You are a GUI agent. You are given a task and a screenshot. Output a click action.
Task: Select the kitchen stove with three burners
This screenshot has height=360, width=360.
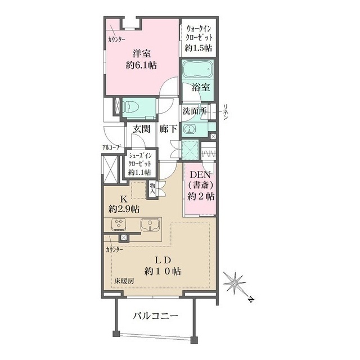(x=119, y=224)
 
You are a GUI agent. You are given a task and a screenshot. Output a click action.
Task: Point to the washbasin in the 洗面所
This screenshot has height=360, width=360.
(x=190, y=128)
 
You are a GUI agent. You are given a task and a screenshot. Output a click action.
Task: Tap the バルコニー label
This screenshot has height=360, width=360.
(x=155, y=316)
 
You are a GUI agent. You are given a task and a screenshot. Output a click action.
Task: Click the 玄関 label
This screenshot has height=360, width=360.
(x=142, y=129)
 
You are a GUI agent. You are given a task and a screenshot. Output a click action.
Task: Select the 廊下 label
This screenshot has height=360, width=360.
(x=168, y=129)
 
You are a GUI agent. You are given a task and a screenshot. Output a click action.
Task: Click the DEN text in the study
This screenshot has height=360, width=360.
(x=200, y=175)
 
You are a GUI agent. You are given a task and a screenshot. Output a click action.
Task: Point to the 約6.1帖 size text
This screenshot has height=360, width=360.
(x=141, y=65)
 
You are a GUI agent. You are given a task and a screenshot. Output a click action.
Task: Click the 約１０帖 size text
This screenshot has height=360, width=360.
(x=163, y=272)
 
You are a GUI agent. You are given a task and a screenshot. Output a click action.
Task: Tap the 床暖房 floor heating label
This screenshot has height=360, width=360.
(x=124, y=281)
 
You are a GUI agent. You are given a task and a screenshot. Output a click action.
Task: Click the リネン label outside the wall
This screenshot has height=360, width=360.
(x=226, y=112)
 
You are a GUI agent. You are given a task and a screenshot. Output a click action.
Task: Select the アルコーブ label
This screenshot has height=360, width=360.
(x=111, y=147)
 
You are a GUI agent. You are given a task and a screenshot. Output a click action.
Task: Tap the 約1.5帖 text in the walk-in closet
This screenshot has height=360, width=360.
(x=199, y=48)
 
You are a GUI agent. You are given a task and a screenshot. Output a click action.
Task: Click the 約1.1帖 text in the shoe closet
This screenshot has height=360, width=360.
(x=139, y=172)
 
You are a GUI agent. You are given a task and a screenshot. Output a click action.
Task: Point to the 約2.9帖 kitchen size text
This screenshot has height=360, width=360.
(x=124, y=209)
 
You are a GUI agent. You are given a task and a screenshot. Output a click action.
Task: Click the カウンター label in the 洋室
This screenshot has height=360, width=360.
(x=116, y=39)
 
